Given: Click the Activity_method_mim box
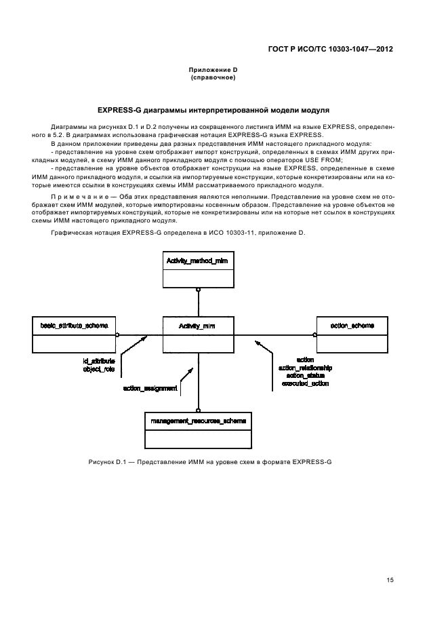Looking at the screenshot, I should tap(199, 270).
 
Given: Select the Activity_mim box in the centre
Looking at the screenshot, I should tap(198, 333).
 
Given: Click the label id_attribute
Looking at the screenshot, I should tap(99, 361).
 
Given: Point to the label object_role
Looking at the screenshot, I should tap(99, 369).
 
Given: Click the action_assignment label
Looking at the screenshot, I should tap(150, 389).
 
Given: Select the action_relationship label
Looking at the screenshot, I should tap(305, 367).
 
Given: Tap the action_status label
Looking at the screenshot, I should tap(305, 375).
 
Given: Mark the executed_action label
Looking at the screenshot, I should tap(305, 383).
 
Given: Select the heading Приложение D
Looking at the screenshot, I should tap(213, 70).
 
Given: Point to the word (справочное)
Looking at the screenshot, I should tap(213, 77).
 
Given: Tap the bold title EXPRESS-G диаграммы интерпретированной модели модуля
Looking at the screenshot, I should tap(213, 109).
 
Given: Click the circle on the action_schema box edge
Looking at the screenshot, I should tap(314, 334).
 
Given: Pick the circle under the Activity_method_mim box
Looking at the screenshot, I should tap(198, 290).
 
